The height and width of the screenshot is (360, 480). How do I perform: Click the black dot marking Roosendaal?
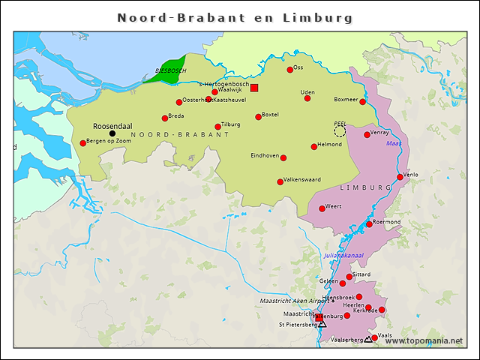[112, 133]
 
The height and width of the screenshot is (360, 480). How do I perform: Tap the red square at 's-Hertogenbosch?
[254, 88]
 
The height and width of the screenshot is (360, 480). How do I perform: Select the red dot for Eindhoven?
[283, 157]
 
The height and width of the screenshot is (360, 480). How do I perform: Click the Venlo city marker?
[400, 177]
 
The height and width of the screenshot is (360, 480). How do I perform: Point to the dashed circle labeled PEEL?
[340, 131]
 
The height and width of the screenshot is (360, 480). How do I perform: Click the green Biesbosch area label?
[170, 70]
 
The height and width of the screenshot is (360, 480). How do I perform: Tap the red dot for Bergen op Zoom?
[83, 143]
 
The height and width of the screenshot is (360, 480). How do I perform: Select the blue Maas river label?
[394, 142]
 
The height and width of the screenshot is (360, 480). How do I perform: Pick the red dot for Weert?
[322, 208]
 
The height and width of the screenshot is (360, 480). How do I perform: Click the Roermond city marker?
[369, 224]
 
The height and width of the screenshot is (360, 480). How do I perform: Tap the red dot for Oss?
[290, 70]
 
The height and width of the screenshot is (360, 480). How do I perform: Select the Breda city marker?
[165, 118]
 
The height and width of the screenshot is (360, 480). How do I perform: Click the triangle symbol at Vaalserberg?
[367, 340]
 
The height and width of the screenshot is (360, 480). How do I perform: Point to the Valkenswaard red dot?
[280, 181]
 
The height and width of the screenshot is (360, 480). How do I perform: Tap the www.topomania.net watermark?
[424, 340]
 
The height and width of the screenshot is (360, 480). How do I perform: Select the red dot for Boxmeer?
[363, 102]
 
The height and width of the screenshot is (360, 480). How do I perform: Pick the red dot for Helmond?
[314, 147]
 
